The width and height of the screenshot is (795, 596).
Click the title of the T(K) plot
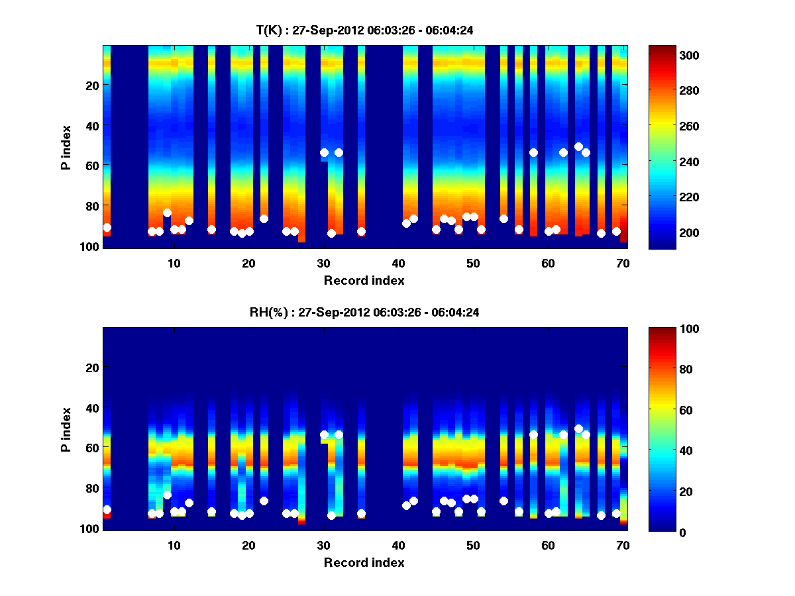tap(364, 30)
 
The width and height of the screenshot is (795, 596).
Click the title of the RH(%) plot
tap(364, 312)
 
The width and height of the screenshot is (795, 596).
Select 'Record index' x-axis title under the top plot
tap(364, 280)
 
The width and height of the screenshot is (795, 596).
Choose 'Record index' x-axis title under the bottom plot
tap(364, 562)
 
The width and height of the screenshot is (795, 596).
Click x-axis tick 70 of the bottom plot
tap(623, 545)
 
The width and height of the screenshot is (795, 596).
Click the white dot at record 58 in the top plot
tap(533, 152)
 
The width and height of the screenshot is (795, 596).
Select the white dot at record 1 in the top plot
tap(107, 227)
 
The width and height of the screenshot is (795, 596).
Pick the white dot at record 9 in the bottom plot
tap(167, 495)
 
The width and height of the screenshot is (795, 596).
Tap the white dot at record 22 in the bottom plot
tap(264, 501)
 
